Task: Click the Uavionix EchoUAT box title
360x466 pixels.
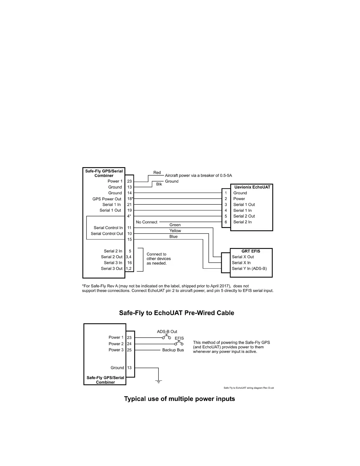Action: [252, 187]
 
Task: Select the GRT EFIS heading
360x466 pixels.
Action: [251, 251]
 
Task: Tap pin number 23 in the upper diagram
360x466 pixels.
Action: [129, 181]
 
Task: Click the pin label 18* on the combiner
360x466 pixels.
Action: [130, 199]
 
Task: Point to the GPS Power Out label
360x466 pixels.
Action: [107, 199]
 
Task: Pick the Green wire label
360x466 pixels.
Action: [175, 225]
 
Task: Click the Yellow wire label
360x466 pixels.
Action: [175, 231]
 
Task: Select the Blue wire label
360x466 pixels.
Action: [174, 237]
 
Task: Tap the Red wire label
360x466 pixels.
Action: [157, 173]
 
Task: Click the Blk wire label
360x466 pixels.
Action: [159, 184]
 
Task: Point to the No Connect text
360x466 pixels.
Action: [146, 222]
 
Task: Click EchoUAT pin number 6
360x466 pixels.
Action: [226, 222]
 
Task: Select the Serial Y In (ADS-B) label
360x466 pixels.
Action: [249, 269]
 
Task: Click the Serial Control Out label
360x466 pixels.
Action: [107, 234]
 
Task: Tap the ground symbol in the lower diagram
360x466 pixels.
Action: [159, 382]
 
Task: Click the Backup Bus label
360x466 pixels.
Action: [173, 350]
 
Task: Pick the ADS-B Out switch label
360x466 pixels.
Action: [167, 332]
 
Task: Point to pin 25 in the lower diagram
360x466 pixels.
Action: [129, 350]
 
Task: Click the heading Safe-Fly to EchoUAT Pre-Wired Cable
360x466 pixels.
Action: [176, 313]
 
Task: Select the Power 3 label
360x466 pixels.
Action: [116, 350]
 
